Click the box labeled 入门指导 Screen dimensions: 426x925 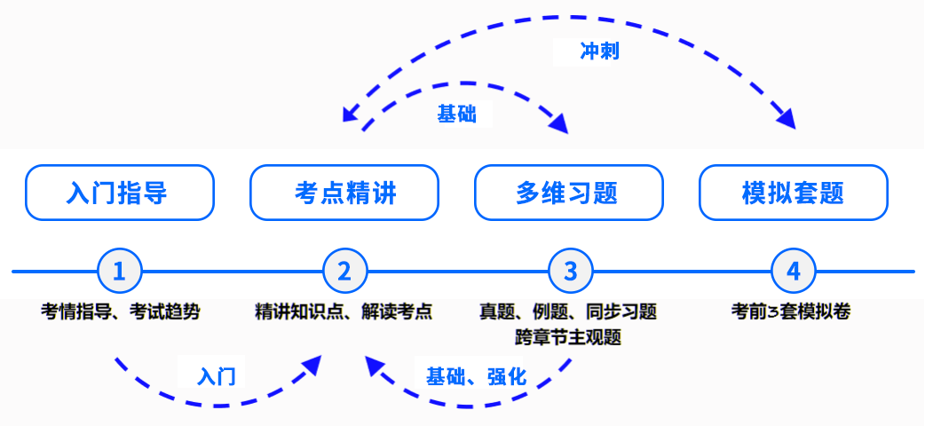(x=120, y=193)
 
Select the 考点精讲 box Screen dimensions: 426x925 (x=344, y=193)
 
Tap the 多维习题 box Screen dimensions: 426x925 (x=569, y=193)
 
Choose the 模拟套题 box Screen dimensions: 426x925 (x=794, y=193)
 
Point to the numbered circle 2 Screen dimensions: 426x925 (x=344, y=272)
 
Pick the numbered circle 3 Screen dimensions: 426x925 (x=570, y=272)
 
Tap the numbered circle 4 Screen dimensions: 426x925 (x=794, y=272)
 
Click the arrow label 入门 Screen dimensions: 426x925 (x=217, y=376)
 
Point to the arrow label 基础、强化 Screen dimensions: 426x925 (x=476, y=376)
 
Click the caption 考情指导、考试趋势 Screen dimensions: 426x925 (x=121, y=312)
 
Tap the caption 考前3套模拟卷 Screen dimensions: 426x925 (x=793, y=312)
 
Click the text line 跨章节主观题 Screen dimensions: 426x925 (x=568, y=337)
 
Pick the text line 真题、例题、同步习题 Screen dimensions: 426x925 (x=568, y=312)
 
